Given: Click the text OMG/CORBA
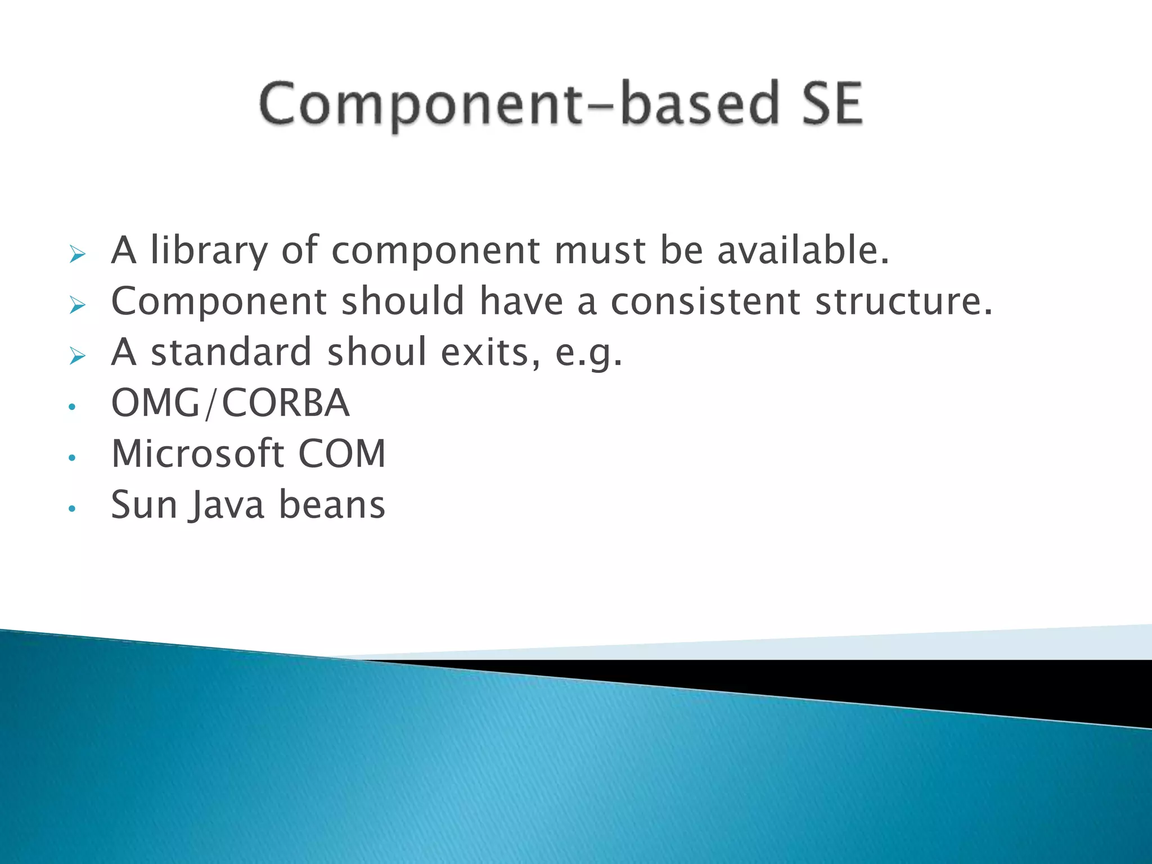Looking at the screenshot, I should [x=231, y=403].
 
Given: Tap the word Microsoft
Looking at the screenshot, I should [x=197, y=453].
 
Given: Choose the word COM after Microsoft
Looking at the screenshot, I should [x=342, y=453].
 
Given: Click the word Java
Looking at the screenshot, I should [x=227, y=505].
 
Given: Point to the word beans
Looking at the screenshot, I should [x=332, y=505].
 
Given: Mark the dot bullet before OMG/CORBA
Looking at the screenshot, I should [x=71, y=407].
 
